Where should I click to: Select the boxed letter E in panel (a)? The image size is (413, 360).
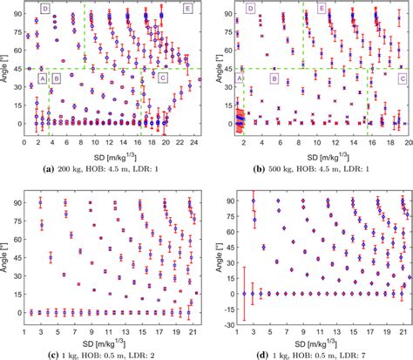click(189, 8)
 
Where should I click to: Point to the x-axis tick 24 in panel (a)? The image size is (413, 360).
click(195, 141)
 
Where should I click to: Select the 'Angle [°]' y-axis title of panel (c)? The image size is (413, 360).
click(6, 253)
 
